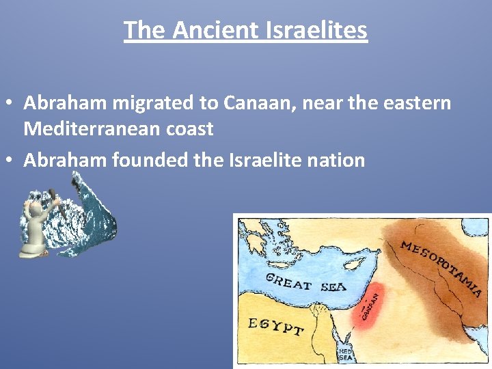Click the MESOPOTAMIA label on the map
pos(441,267)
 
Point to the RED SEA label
pos(346,353)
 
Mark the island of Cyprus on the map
pos(353,263)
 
